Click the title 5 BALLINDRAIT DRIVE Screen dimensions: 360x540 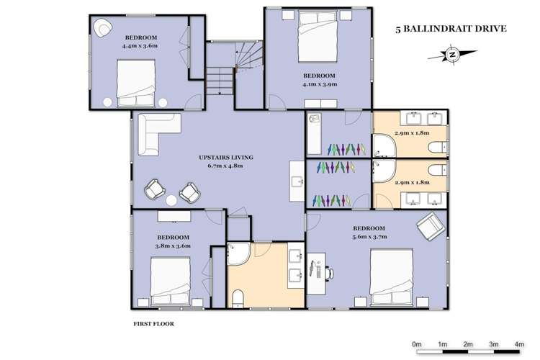451,30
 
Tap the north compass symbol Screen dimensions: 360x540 451,54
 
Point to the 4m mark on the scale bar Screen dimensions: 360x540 519,345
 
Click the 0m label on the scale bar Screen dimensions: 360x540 417,345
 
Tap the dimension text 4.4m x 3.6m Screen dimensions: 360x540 140,45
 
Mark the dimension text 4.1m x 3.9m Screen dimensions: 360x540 320,84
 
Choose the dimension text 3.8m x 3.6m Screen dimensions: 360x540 173,246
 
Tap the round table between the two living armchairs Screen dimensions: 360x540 172,200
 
